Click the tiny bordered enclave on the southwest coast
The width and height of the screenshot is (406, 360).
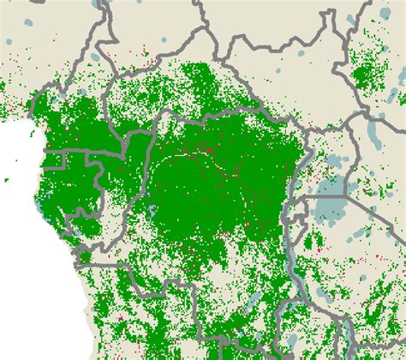click(x=83, y=255)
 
